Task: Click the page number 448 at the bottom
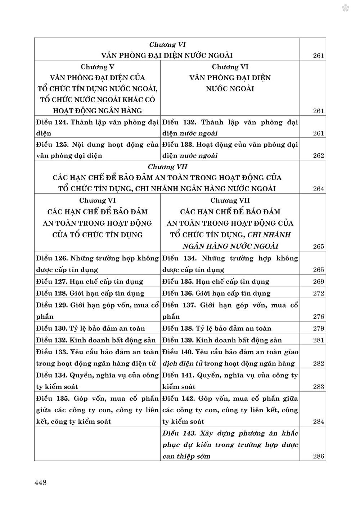40,483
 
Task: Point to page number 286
319,456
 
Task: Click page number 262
319,156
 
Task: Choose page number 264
319,189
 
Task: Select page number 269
319,282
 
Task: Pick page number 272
319,293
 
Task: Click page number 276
319,317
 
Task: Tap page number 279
319,328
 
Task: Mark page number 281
319,340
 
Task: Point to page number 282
319,364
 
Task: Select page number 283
319,387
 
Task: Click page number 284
319,422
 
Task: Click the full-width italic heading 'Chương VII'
167,167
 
